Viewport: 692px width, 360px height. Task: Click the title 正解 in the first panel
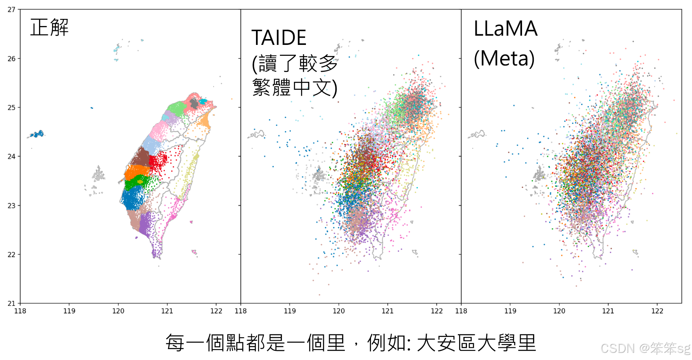[x=50, y=28]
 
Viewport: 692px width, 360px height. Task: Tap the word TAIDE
[x=279, y=38]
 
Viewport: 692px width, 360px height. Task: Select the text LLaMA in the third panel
[x=505, y=29]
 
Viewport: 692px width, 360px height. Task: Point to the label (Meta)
[x=504, y=58]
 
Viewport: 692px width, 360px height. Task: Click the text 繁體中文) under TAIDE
[x=295, y=88]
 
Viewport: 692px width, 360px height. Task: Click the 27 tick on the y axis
[x=11, y=10]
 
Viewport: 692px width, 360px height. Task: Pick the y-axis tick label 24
[x=11, y=157]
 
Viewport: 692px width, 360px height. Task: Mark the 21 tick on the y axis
[x=11, y=303]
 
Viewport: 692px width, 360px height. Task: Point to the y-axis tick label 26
[x=11, y=59]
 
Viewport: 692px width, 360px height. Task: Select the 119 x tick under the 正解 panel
[x=69, y=311]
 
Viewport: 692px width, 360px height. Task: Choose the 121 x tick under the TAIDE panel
[x=388, y=311]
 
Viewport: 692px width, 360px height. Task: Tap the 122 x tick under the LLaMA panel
[x=657, y=311]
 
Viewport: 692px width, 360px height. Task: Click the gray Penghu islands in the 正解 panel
[x=99, y=174]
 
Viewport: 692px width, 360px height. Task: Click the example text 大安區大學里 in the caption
[x=476, y=343]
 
